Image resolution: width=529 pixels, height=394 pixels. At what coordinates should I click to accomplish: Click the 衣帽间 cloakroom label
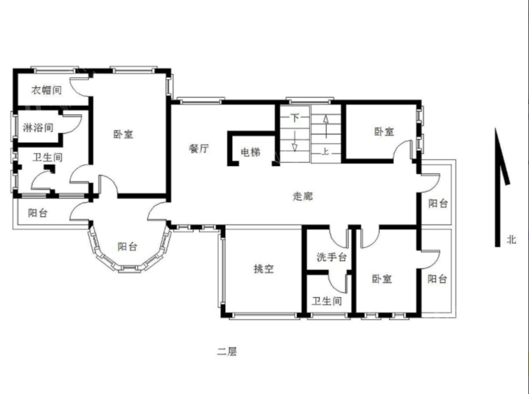coord(47,90)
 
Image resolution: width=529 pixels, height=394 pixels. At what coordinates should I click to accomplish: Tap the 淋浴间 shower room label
coord(38,128)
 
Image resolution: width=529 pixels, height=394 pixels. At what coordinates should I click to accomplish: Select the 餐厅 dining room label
coord(199,148)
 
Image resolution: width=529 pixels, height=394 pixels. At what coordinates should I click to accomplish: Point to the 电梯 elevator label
coord(250,152)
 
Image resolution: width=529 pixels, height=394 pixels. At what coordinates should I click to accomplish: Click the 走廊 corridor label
coord(303,196)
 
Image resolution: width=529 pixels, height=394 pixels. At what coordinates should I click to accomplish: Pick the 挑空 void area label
coord(263,269)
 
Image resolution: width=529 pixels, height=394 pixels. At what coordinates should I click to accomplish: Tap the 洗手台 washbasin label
coord(331,257)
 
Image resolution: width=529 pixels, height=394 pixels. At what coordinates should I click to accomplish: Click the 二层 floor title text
coord(227,351)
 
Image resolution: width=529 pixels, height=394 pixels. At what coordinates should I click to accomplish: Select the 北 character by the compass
coord(511,240)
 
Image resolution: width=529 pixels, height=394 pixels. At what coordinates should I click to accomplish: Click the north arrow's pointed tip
coord(496,129)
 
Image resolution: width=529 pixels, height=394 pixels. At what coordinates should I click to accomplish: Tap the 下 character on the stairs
coord(295,117)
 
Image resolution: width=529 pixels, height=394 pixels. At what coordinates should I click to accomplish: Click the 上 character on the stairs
coord(325,152)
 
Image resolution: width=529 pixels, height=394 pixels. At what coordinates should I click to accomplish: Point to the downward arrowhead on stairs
coord(294,147)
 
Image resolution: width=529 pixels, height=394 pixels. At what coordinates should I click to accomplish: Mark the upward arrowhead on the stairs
coord(326,119)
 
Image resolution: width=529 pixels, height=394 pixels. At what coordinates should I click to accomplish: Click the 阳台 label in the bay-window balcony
coord(127,247)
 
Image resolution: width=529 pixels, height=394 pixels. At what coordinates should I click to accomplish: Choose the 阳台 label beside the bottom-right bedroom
coord(437,279)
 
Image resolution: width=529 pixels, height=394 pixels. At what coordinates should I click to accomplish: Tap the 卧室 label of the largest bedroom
coord(123,134)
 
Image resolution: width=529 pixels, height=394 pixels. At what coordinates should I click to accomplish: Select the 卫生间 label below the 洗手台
coord(327,301)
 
